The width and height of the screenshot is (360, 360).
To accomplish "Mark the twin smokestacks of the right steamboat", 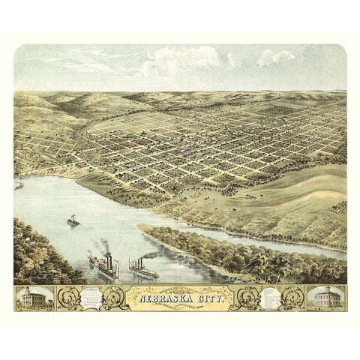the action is click(x=136, y=259).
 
